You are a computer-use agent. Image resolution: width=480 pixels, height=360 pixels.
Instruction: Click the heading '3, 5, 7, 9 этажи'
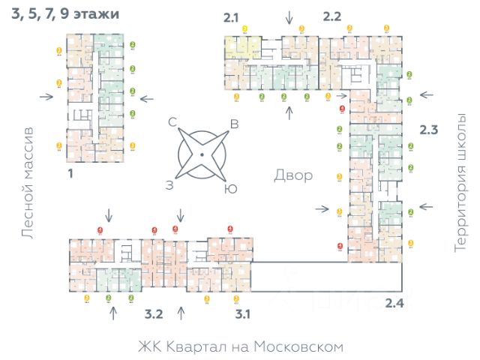pos(64,14)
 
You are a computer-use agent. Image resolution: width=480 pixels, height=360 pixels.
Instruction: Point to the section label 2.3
pos(428,130)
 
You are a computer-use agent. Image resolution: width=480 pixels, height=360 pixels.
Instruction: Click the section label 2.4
pos(394,303)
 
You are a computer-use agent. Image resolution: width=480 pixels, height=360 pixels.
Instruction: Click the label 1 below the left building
pos(70,173)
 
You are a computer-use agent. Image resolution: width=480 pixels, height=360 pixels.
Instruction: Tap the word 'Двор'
pos(292,175)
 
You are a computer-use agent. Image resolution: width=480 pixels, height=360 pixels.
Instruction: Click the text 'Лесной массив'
pos(28,183)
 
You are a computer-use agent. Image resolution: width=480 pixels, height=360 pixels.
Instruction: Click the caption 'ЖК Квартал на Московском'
pos(240,346)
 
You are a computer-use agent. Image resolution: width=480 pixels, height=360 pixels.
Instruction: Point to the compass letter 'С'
pos(172,121)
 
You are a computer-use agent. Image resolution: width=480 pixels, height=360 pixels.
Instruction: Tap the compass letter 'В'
pos(234,124)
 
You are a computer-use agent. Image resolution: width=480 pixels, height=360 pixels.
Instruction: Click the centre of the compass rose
pos(202,154)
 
